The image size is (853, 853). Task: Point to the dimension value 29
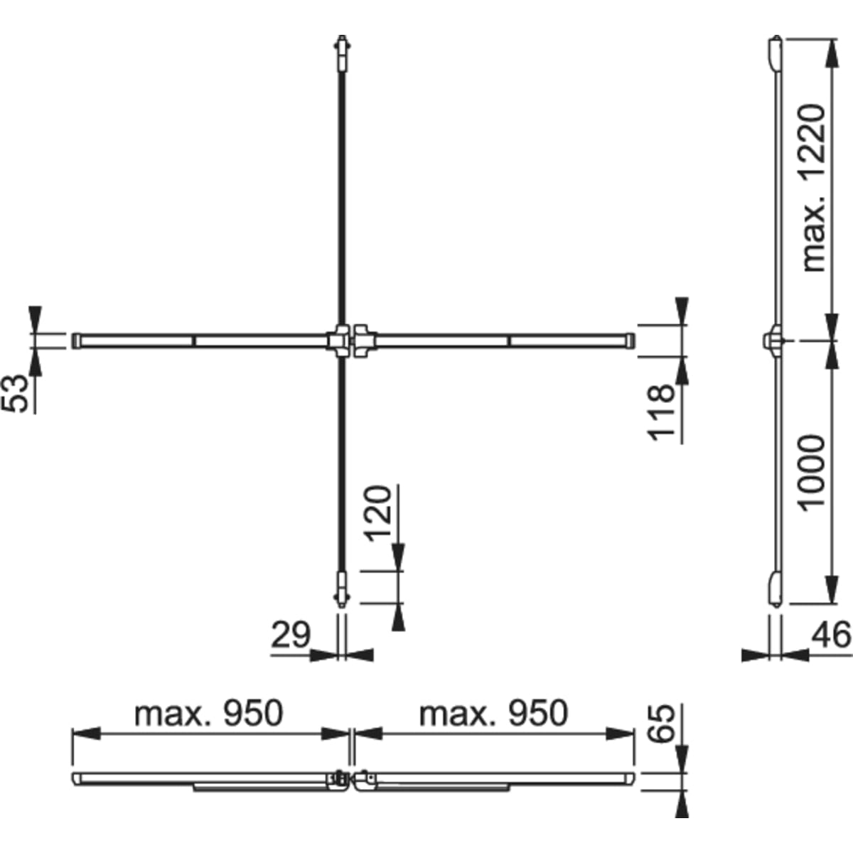point(290,634)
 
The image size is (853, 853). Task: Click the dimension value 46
point(831,634)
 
